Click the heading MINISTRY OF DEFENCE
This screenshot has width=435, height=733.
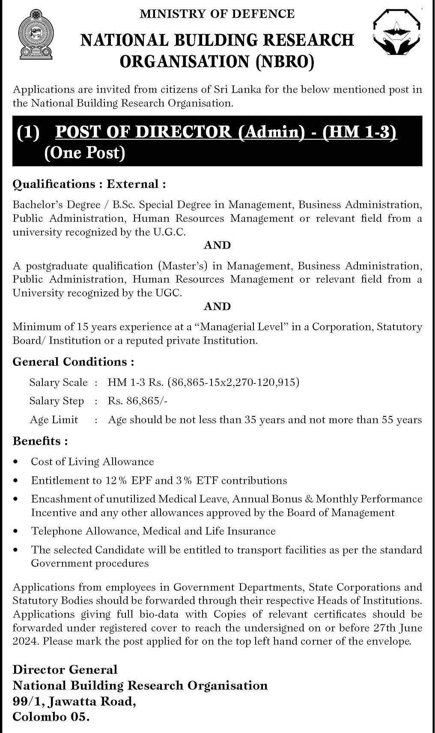coord(217,14)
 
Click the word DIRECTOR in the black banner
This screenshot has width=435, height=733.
coord(183,132)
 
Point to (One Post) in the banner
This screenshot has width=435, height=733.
coord(85,153)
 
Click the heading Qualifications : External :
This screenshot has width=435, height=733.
coord(89,184)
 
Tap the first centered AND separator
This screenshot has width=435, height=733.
coord(217,245)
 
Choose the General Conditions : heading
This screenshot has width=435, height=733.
coord(73,362)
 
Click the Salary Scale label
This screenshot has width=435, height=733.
coord(58,382)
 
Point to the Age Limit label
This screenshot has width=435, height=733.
coord(54,419)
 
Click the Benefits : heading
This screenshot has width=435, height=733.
coord(40,441)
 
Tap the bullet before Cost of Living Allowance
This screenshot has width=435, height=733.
coord(16,462)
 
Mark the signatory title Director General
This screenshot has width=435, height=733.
coord(65,669)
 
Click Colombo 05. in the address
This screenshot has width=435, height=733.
coord(51,717)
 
